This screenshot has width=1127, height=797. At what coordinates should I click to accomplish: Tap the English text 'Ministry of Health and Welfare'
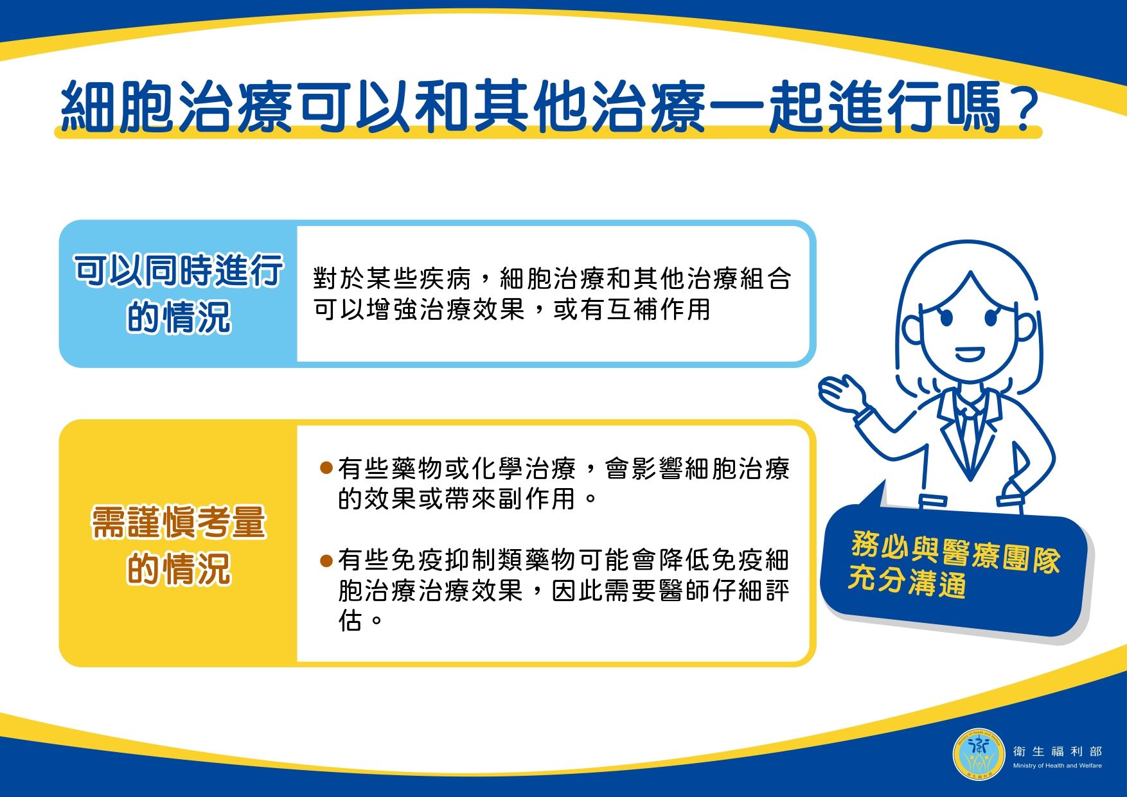(x=1057, y=766)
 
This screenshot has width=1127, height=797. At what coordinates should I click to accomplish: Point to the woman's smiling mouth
(x=970, y=354)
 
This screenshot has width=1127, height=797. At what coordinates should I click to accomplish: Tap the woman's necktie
(x=970, y=437)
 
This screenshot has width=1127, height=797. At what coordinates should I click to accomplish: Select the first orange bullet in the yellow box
(x=326, y=468)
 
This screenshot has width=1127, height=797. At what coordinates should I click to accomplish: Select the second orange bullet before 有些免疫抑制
(x=326, y=561)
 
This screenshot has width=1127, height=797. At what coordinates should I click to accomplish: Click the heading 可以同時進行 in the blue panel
(x=178, y=270)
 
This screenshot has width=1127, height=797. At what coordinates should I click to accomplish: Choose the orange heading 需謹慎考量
(x=178, y=522)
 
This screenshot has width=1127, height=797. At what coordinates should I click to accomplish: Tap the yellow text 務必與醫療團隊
(x=955, y=552)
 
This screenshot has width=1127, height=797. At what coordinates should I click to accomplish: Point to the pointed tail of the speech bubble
(x=883, y=482)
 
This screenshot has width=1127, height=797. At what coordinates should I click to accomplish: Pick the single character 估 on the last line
(x=350, y=620)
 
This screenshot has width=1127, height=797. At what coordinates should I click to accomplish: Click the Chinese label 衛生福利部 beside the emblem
(x=1057, y=751)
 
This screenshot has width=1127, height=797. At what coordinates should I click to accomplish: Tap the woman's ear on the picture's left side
(x=910, y=328)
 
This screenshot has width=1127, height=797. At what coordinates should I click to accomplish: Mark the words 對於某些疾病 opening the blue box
(x=393, y=279)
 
